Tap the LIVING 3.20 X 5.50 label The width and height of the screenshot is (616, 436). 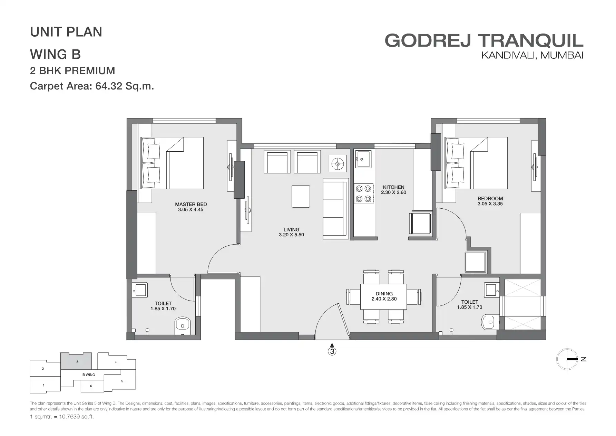[x=291, y=232]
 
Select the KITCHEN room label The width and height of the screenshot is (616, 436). [x=393, y=187]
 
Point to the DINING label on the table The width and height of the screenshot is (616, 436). [x=384, y=294]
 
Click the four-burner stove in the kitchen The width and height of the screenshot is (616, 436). [x=364, y=193]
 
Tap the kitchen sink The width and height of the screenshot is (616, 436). [x=364, y=159]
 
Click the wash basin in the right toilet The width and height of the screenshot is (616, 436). [x=491, y=290]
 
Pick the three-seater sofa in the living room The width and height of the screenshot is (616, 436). [x=335, y=208]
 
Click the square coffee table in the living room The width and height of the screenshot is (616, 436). [x=301, y=196]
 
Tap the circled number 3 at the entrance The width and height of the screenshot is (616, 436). [x=332, y=352]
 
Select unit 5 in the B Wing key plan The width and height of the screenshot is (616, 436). [x=122, y=381]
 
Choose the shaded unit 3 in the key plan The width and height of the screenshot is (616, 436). [x=77, y=361]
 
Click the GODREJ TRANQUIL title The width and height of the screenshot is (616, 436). [x=484, y=40]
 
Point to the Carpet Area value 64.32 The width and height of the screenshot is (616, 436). [x=109, y=86]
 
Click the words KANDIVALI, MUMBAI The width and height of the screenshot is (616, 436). [x=532, y=55]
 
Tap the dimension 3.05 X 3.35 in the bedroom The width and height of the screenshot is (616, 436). [x=490, y=204]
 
